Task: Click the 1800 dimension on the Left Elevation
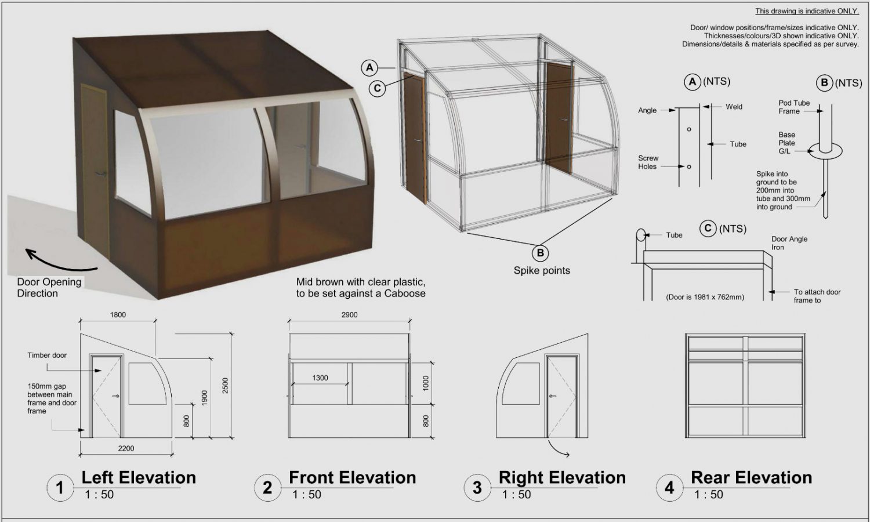coord(118,314)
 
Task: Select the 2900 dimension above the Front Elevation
coord(350,314)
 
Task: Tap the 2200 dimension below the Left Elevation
coord(126,448)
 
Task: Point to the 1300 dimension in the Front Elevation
coord(320,378)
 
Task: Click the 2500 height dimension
coord(225,385)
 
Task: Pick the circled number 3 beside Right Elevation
coord(477,487)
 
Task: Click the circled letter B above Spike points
coord(540,253)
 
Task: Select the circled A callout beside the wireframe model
coord(369,68)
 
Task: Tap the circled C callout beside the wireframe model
coord(377,89)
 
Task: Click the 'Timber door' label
coord(47,355)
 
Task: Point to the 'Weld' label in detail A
coord(734,106)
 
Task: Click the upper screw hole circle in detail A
coord(689,129)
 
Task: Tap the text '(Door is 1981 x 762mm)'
coord(705,297)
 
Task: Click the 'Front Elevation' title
coord(352,477)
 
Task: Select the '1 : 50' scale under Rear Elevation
coord(708,494)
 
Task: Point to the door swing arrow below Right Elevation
coord(558,449)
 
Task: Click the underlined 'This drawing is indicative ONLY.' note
coord(807,11)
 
